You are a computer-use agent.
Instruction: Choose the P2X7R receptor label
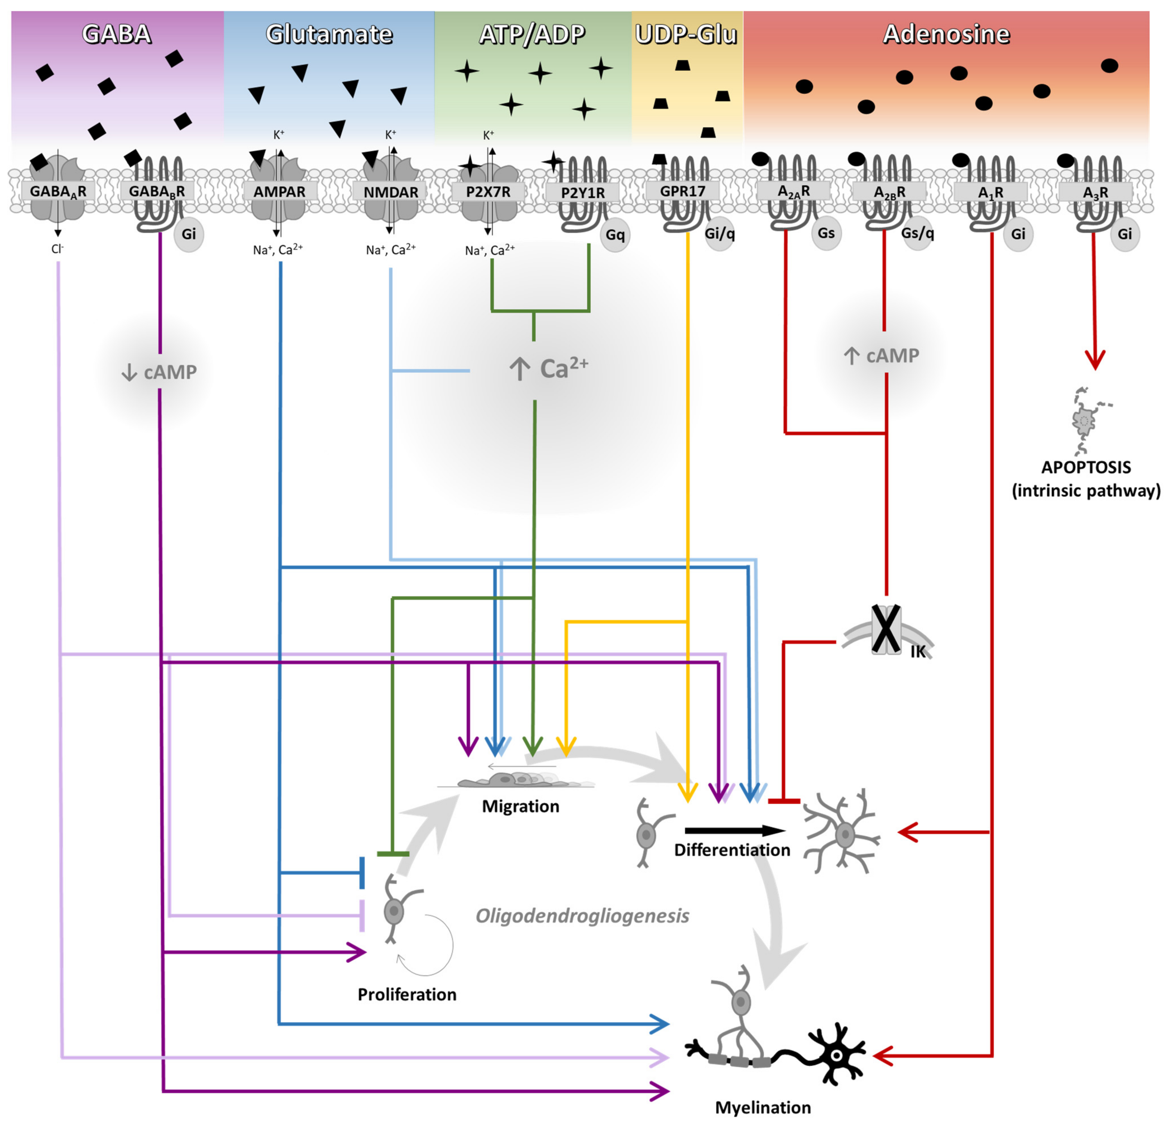pyautogui.click(x=488, y=192)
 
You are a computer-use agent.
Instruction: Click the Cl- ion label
pyautogui.click(x=58, y=248)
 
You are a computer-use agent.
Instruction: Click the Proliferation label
pyautogui.click(x=407, y=995)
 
